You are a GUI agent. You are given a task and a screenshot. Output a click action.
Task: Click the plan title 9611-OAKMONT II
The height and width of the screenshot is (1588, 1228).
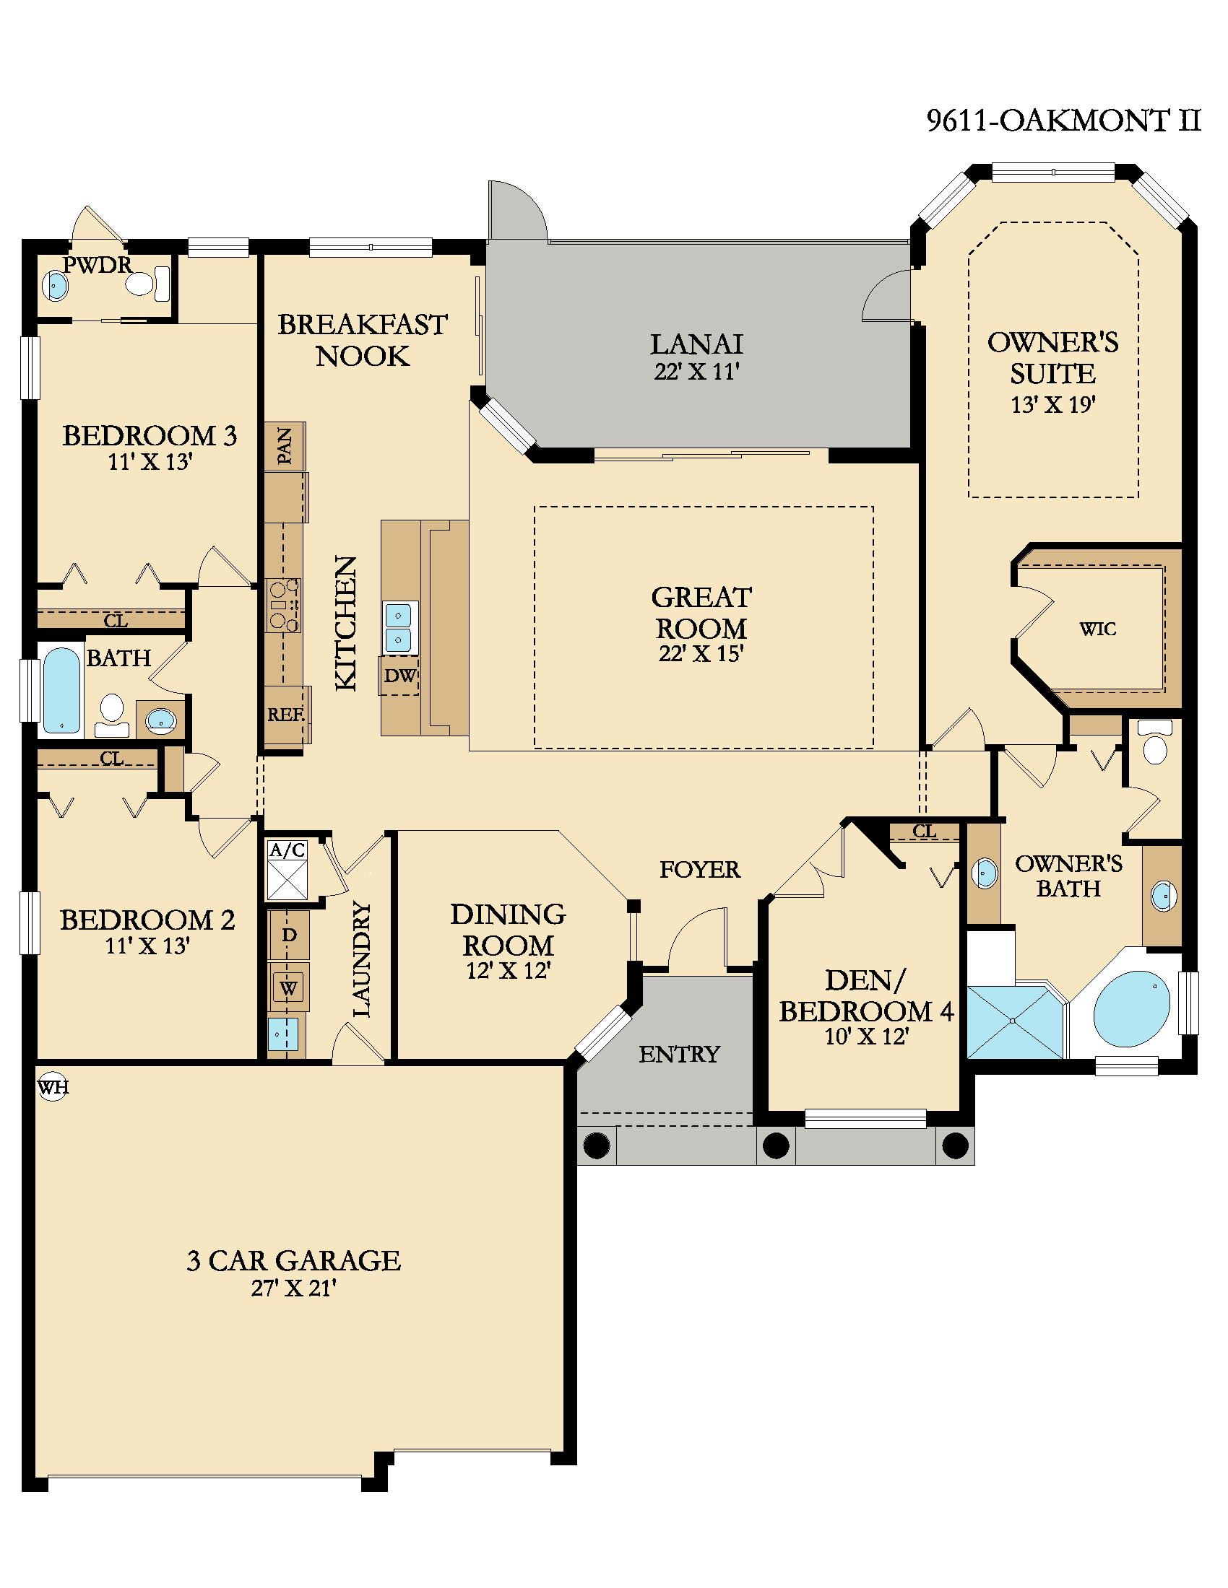tap(1063, 121)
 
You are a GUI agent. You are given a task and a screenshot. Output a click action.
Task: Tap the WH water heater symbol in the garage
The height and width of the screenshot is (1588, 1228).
tap(53, 1087)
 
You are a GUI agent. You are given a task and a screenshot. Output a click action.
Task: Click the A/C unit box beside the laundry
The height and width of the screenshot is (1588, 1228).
tap(287, 871)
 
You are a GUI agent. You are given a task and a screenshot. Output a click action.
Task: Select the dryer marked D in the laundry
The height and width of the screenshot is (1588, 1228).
tap(289, 934)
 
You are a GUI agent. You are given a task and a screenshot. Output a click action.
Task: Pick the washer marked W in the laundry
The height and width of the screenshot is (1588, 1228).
tap(289, 987)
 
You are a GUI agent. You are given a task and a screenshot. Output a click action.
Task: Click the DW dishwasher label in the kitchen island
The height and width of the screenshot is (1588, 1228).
tap(400, 676)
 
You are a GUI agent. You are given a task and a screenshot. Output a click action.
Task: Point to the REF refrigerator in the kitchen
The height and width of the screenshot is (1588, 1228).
tap(285, 715)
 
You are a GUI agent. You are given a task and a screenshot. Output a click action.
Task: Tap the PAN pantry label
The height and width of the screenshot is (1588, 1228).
tap(285, 445)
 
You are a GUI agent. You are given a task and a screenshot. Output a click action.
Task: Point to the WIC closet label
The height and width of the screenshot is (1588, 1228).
tap(1097, 629)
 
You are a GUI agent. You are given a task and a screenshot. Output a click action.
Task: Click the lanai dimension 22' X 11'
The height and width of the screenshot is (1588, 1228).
tap(696, 372)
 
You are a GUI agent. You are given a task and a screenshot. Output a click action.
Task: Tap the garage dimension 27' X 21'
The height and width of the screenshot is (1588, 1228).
tap(293, 1288)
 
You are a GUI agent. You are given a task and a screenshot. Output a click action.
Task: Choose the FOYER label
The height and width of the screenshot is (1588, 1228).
tap(700, 869)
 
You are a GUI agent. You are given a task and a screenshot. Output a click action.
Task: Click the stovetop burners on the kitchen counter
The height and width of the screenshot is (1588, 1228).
tap(283, 605)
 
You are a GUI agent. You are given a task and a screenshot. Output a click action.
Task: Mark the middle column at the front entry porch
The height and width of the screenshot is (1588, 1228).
tap(777, 1146)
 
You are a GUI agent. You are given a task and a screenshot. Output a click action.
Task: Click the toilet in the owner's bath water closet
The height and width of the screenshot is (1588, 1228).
tap(1154, 741)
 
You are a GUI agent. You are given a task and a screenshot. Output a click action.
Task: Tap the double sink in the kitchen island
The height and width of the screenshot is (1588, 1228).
tap(398, 627)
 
